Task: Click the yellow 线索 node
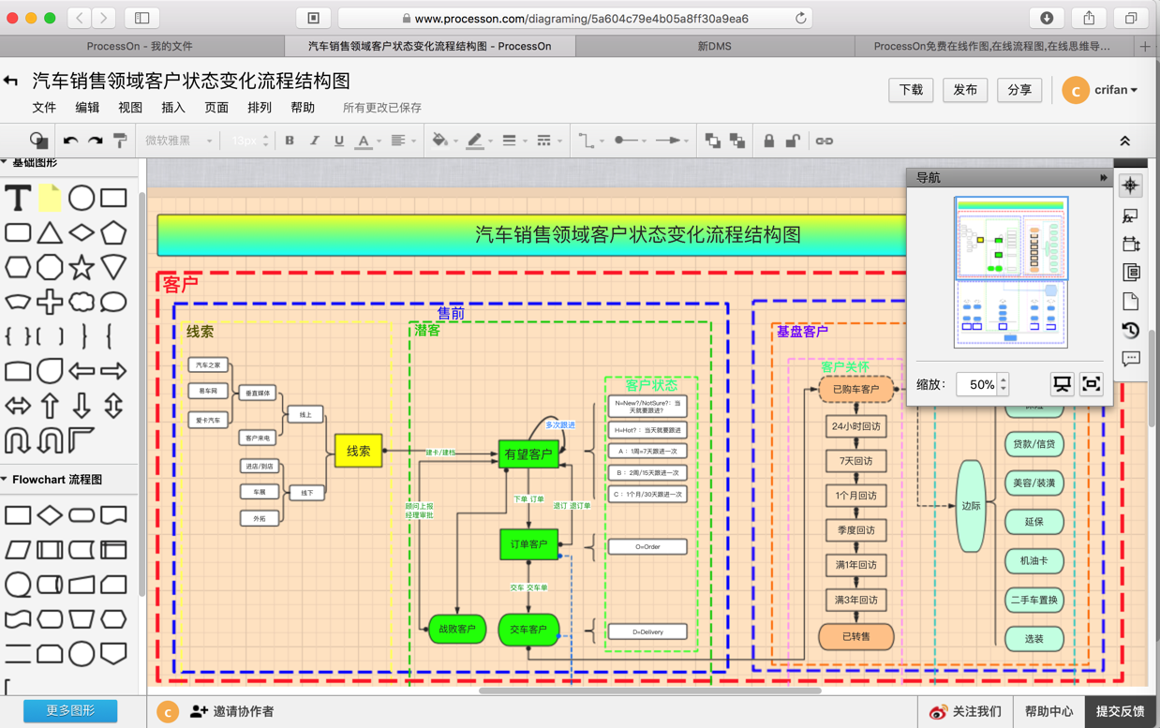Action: pyautogui.click(x=358, y=451)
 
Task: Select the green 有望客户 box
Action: pyautogui.click(x=528, y=454)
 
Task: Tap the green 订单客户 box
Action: pyautogui.click(x=528, y=544)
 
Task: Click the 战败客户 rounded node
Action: pyautogui.click(x=456, y=629)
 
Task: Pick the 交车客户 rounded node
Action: pyautogui.click(x=528, y=629)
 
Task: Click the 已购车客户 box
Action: pyautogui.click(x=855, y=389)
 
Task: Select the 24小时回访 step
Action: pyautogui.click(x=855, y=426)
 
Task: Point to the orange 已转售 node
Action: pyautogui.click(x=855, y=636)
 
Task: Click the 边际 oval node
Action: pyautogui.click(x=971, y=506)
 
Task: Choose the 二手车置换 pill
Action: pyautogui.click(x=1034, y=601)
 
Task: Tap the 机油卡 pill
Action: pyautogui.click(x=1034, y=561)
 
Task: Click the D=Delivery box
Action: pyautogui.click(x=647, y=631)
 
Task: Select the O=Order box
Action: pyautogui.click(x=647, y=546)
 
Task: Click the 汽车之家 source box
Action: pyautogui.click(x=207, y=365)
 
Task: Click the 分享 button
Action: pyautogui.click(x=1019, y=90)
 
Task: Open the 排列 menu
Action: pyautogui.click(x=260, y=108)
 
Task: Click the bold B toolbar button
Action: pyautogui.click(x=290, y=141)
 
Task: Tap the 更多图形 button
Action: pyautogui.click(x=70, y=711)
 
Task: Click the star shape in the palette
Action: pyautogui.click(x=82, y=267)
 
